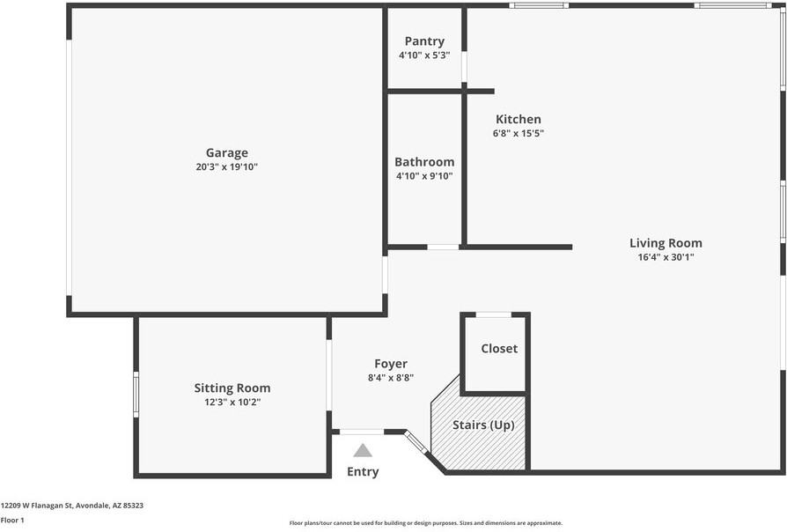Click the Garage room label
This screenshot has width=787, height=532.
point(227,152)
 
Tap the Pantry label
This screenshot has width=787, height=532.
point(424,41)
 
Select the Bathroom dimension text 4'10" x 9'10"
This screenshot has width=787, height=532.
point(424,176)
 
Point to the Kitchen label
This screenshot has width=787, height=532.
point(519,119)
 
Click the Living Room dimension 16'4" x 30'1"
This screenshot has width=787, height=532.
point(666,257)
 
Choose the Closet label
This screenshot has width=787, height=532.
point(499,348)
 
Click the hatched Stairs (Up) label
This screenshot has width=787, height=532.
point(483,425)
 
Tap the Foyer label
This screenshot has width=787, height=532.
point(391,364)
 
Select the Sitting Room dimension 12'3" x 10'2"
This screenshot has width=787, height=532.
point(232,402)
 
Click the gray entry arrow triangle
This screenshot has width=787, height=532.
point(363,451)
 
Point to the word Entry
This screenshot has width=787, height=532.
point(363,472)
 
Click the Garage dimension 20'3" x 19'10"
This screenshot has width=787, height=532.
point(227,166)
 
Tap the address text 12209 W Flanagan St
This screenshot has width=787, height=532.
point(37,506)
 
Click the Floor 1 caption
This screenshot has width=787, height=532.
point(12,520)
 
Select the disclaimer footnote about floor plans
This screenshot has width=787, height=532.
point(425,523)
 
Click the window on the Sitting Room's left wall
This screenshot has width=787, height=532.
point(136,395)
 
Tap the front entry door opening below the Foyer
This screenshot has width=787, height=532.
point(362,432)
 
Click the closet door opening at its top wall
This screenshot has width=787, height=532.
point(493,315)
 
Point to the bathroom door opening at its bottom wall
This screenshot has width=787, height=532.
point(443,248)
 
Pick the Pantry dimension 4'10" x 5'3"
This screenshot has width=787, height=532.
point(424,55)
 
